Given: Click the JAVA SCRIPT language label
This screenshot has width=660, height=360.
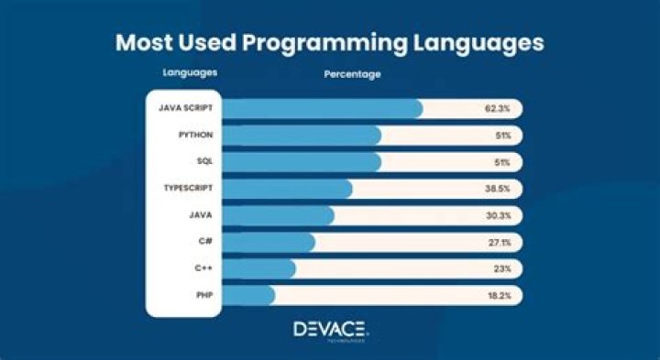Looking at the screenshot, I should (182, 108).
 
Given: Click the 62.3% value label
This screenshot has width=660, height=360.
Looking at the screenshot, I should (498, 108).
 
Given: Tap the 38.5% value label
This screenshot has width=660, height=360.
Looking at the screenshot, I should (498, 189).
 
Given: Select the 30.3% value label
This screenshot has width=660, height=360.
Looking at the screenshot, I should (498, 215).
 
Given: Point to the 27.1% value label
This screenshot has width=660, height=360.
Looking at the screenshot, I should (498, 242).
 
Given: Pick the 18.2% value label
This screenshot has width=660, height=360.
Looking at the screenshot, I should (498, 295).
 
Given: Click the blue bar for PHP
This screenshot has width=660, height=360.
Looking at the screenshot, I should (247, 295).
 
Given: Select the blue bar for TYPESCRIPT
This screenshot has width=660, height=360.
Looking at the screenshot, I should (286, 189).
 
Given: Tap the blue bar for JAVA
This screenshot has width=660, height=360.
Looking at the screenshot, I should (277, 215).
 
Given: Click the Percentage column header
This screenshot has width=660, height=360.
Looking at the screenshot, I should (352, 73).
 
